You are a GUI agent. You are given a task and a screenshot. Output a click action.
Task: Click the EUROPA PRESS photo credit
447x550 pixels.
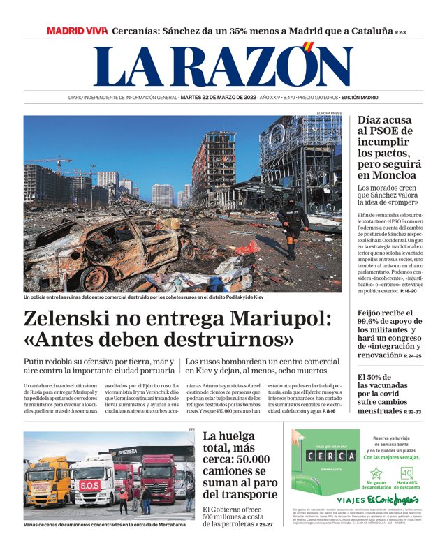(329, 113)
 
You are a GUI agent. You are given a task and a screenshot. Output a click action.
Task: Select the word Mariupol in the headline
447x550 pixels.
(281, 320)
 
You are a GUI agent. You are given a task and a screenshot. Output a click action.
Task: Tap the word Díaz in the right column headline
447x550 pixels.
(372, 120)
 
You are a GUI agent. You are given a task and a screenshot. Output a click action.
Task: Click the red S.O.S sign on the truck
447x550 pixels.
(89, 484)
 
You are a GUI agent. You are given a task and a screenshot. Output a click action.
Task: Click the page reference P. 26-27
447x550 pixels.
(263, 523)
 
